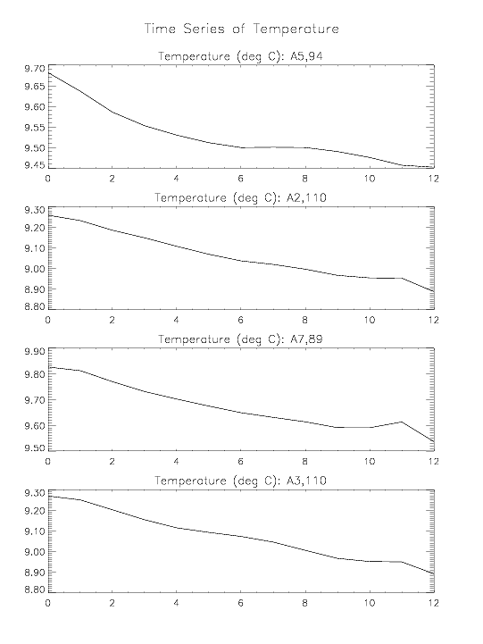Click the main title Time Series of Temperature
click(242, 29)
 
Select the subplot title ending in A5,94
click(241, 56)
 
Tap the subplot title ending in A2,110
click(241, 198)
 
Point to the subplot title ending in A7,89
click(241, 339)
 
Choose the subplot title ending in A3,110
click(241, 481)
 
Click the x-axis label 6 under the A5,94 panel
click(240, 179)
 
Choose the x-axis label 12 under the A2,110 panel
click(433, 320)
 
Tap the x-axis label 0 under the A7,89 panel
click(48, 461)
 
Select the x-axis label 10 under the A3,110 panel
click(370, 603)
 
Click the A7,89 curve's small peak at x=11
click(402, 422)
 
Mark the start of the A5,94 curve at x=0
click(49, 73)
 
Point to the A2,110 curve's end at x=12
click(434, 291)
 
